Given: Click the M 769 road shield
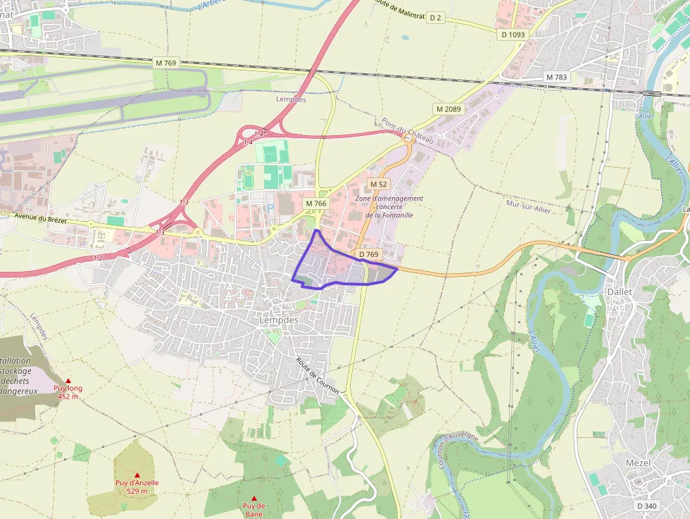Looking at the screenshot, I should (166, 63).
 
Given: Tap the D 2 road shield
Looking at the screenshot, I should (436, 18).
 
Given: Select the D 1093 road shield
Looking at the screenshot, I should (513, 34).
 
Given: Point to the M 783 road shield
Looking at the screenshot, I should (556, 77).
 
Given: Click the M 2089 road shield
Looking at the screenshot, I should (448, 109).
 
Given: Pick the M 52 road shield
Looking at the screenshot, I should (379, 184).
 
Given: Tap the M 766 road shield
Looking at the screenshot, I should (316, 204).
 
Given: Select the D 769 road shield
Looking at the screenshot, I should (368, 254).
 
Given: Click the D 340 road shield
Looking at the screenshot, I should (646, 506).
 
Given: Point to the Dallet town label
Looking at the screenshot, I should (620, 292).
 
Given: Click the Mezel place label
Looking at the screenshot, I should (638, 463).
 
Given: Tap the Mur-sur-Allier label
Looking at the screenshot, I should (529, 205).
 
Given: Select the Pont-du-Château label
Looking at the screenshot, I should (408, 130).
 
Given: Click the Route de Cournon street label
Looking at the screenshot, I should (318, 375).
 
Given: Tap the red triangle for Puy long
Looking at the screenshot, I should (68, 381).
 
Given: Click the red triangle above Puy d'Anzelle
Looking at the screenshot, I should (137, 475).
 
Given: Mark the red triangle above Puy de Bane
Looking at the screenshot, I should (254, 498).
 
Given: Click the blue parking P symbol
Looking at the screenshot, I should (271, 208).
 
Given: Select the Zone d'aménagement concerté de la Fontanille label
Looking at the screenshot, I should (389, 206).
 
